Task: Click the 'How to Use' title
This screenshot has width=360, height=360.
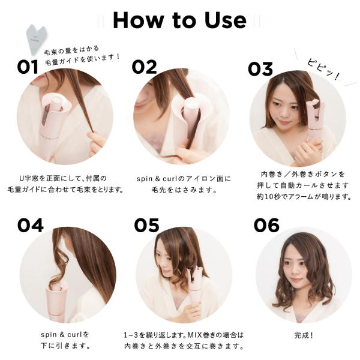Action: click(179, 20)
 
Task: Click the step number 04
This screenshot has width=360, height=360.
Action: click(31, 225)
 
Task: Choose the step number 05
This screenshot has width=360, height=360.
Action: click(146, 225)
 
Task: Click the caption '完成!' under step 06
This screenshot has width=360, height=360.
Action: click(303, 334)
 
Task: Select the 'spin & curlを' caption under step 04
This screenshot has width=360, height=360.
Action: click(65, 334)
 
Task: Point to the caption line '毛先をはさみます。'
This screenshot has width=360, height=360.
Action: click(184, 190)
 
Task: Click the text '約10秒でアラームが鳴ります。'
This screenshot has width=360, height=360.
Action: click(303, 196)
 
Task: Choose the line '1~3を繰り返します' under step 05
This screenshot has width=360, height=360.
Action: click(184, 334)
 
